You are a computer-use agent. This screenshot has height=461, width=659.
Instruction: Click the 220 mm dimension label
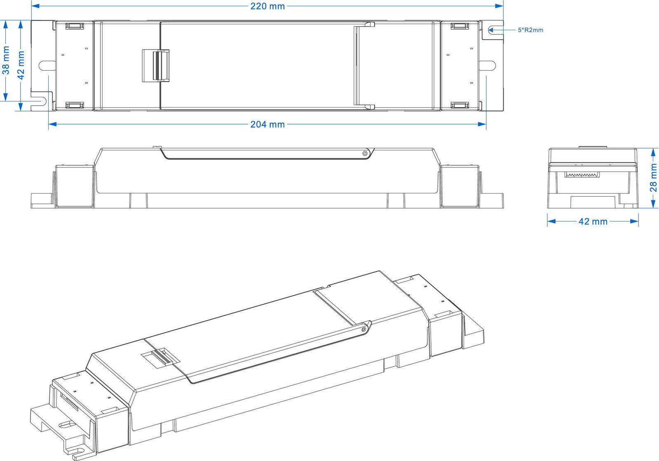[267, 6]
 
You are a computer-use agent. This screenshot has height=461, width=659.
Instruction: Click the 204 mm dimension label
[267, 125]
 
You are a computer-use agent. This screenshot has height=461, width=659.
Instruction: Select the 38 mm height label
[6, 60]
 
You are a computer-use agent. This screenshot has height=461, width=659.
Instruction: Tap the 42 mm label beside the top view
[21, 65]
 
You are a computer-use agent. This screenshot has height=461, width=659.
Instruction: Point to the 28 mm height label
[653, 178]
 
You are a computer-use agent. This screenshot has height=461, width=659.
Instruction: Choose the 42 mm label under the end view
[593, 221]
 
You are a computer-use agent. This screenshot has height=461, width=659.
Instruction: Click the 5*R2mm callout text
[530, 30]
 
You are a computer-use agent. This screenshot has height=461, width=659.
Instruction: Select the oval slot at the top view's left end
[47, 65]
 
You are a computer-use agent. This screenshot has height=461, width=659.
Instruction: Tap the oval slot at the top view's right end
[487, 65]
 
